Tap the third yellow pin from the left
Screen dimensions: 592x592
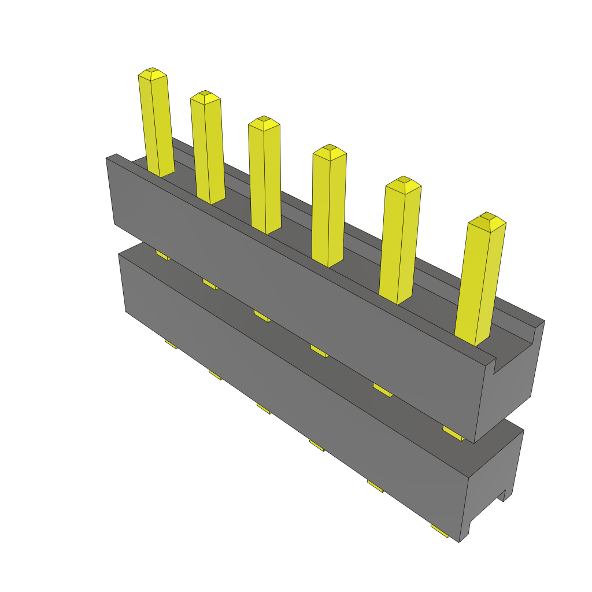[x=265, y=176]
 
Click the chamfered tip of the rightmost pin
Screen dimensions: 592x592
[x=488, y=220]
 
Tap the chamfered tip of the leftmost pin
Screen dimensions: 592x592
[x=153, y=73]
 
